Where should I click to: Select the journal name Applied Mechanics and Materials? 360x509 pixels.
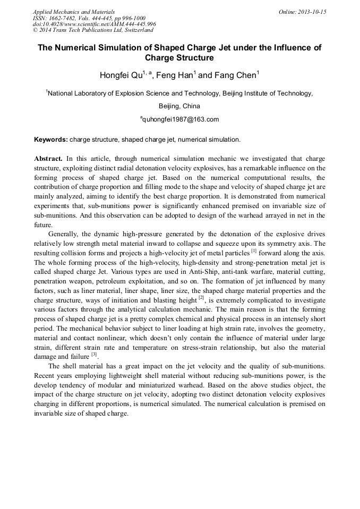(74, 11)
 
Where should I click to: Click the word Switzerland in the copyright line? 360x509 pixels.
(135, 30)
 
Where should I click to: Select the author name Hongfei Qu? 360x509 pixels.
(121, 75)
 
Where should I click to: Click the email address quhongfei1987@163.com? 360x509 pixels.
(180, 119)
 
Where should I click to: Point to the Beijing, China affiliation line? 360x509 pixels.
(179, 106)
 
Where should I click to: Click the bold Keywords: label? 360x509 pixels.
(51, 140)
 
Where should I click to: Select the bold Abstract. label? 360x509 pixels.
(49, 159)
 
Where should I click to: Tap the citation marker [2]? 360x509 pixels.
(201, 298)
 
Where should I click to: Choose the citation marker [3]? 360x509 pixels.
(93, 355)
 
